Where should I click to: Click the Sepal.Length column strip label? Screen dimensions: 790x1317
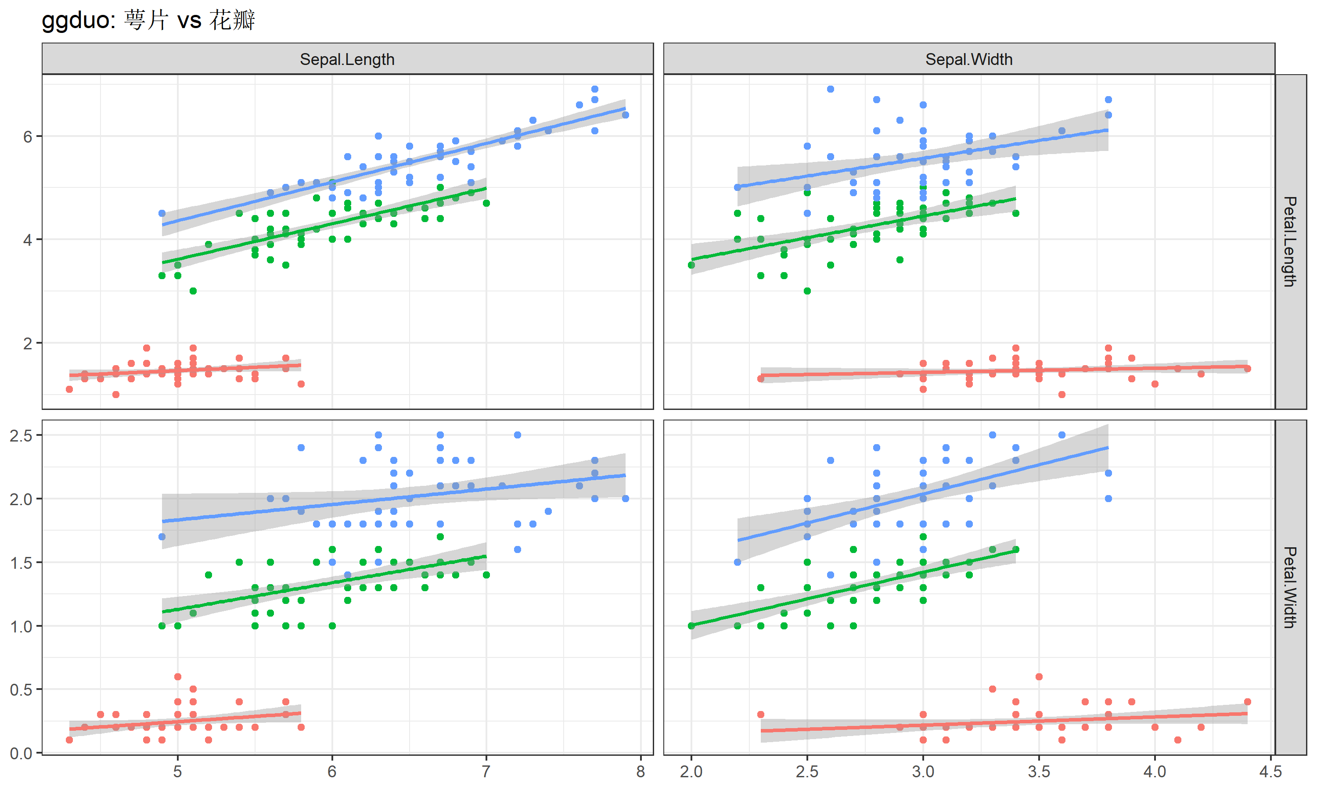click(347, 59)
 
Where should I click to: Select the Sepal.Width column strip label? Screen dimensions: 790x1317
click(968, 59)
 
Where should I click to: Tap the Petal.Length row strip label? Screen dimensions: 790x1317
click(1289, 242)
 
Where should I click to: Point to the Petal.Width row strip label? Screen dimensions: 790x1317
click(1289, 587)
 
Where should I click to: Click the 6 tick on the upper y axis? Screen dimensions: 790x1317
click(28, 137)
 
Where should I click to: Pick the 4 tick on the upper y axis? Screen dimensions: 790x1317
click(28, 240)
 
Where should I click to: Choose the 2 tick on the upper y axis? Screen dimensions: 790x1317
click(28, 343)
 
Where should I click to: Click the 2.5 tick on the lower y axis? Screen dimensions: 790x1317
click(22, 435)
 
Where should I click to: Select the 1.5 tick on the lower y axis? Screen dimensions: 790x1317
click(22, 563)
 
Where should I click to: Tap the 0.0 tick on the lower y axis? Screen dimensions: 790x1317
click(22, 753)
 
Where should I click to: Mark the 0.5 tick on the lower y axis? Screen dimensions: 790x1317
click(22, 690)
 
